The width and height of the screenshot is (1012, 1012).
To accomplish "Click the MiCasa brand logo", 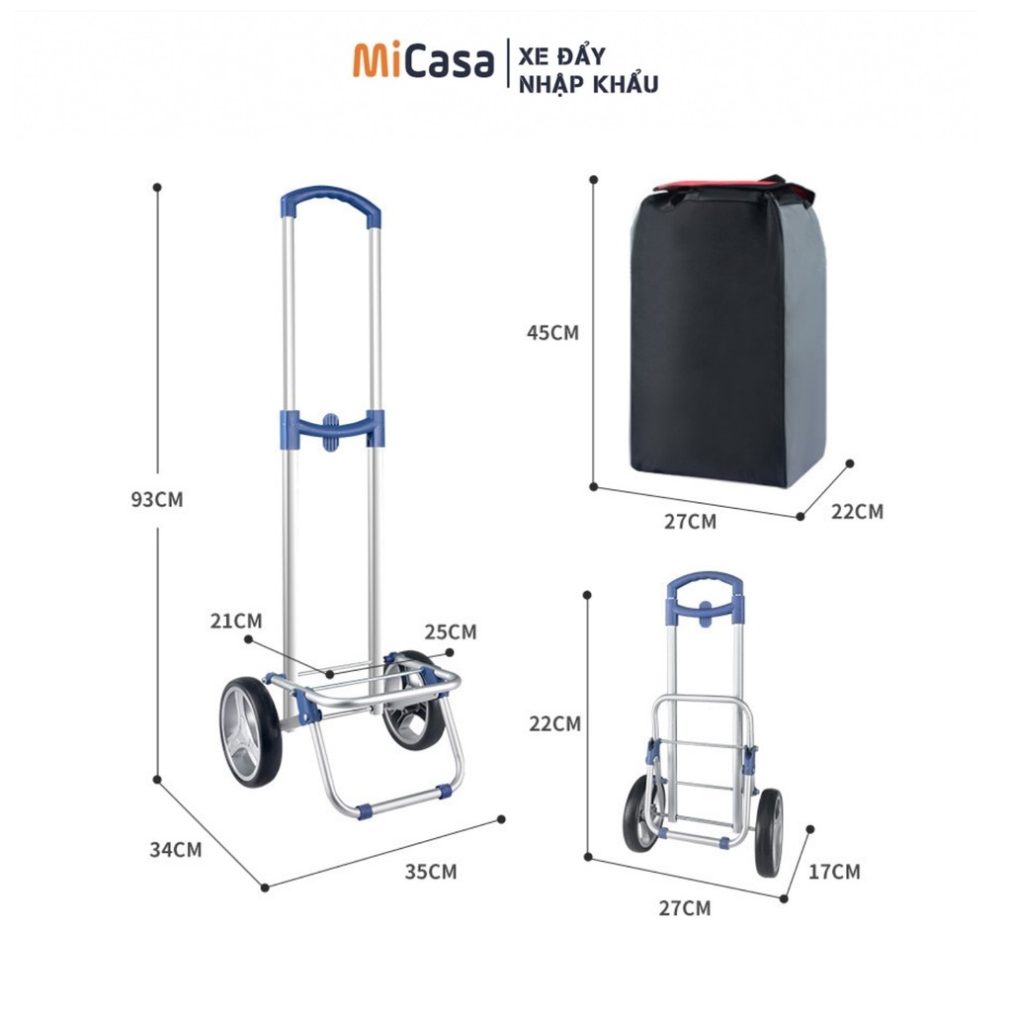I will [423, 61].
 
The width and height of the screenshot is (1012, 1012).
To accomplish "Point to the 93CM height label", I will [157, 499].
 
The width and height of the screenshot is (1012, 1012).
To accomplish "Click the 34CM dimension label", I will [175, 849].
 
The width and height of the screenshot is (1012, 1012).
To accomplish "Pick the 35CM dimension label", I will [430, 872].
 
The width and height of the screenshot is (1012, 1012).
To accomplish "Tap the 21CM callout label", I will [236, 621].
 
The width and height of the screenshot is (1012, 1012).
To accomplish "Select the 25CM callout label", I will [450, 631].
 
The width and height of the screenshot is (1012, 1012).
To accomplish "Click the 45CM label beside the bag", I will [552, 333].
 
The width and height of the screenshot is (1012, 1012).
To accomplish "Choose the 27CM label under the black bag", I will [690, 521].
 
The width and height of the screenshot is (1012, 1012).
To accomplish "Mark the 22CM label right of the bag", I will [857, 511].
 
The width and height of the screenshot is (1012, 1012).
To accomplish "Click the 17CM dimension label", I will [834, 872].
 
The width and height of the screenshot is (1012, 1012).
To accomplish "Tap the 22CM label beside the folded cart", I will [554, 723].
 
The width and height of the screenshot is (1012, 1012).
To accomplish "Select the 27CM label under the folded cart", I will [685, 908].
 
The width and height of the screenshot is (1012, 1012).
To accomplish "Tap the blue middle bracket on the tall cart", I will [331, 429].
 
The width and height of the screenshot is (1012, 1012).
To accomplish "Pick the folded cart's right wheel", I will [769, 832].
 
